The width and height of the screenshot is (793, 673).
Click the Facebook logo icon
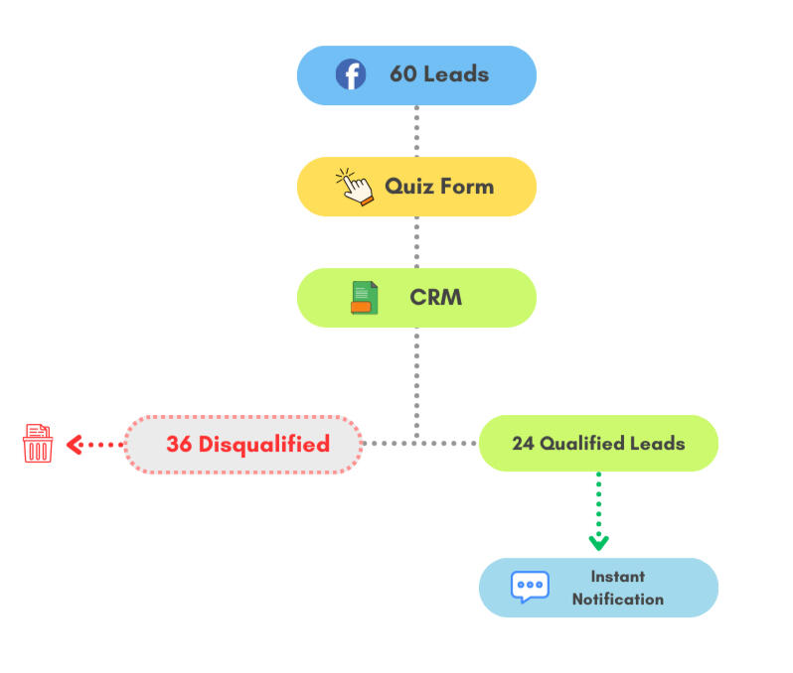coord(350,74)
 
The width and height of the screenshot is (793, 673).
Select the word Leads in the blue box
coord(455,74)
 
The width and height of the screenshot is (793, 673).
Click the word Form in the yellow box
coord(465,187)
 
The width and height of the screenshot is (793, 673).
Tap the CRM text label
coord(435,298)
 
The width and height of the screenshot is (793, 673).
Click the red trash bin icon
coord(38,444)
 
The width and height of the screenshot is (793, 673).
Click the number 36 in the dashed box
coord(179,444)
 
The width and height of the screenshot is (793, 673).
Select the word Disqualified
coord(263,444)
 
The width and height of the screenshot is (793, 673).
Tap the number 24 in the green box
coord(524,444)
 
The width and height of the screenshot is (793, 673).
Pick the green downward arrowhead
coord(598,542)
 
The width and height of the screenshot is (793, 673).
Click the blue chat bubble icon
coord(529,587)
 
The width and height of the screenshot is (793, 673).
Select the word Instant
coord(617,576)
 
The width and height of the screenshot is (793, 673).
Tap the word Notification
coord(617,600)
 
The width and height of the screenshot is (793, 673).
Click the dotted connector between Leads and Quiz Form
coord(416,130)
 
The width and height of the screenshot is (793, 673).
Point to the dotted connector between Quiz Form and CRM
coord(416,242)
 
